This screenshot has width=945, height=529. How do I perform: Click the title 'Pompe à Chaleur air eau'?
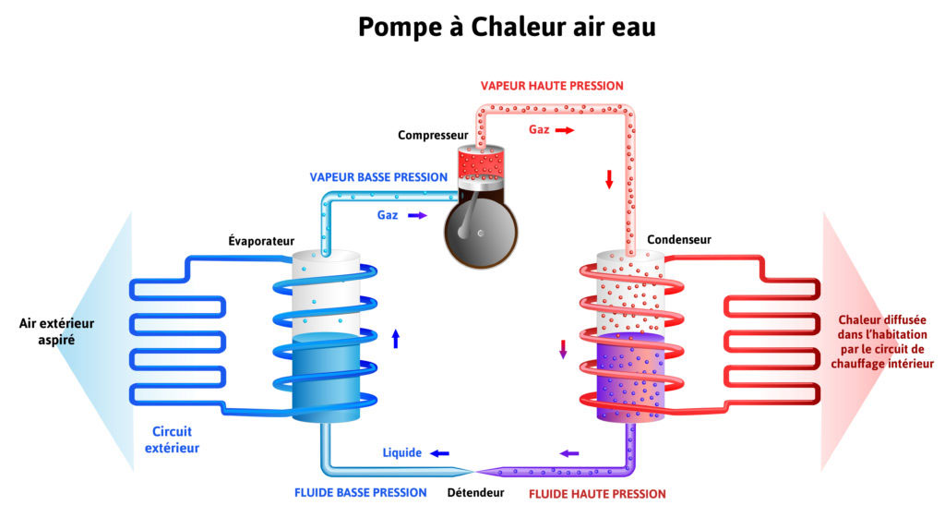click(507, 27)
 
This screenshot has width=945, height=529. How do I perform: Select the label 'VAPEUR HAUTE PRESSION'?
click(552, 86)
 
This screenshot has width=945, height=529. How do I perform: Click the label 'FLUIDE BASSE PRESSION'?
click(361, 492)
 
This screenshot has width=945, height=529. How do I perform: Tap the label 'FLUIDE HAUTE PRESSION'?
click(597, 494)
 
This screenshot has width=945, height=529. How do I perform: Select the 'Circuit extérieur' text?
click(175, 439)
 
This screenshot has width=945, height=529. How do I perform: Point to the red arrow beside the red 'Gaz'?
click(564, 130)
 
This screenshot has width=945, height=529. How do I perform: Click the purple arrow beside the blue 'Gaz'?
click(417, 215)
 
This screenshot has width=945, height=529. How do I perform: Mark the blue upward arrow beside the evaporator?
click(396, 338)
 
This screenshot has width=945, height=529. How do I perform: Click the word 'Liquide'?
click(402, 453)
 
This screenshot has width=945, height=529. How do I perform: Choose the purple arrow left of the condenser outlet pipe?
click(569, 453)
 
